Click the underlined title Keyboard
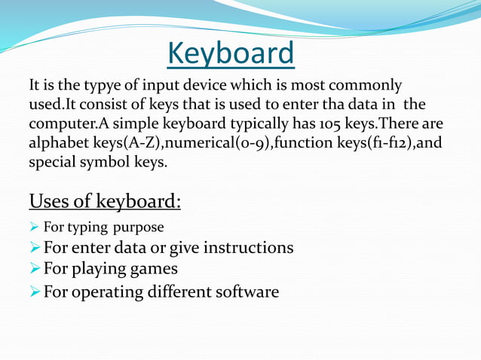(x=231, y=53)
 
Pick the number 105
(x=320, y=124)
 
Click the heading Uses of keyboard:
(x=105, y=202)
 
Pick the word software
(x=248, y=291)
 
